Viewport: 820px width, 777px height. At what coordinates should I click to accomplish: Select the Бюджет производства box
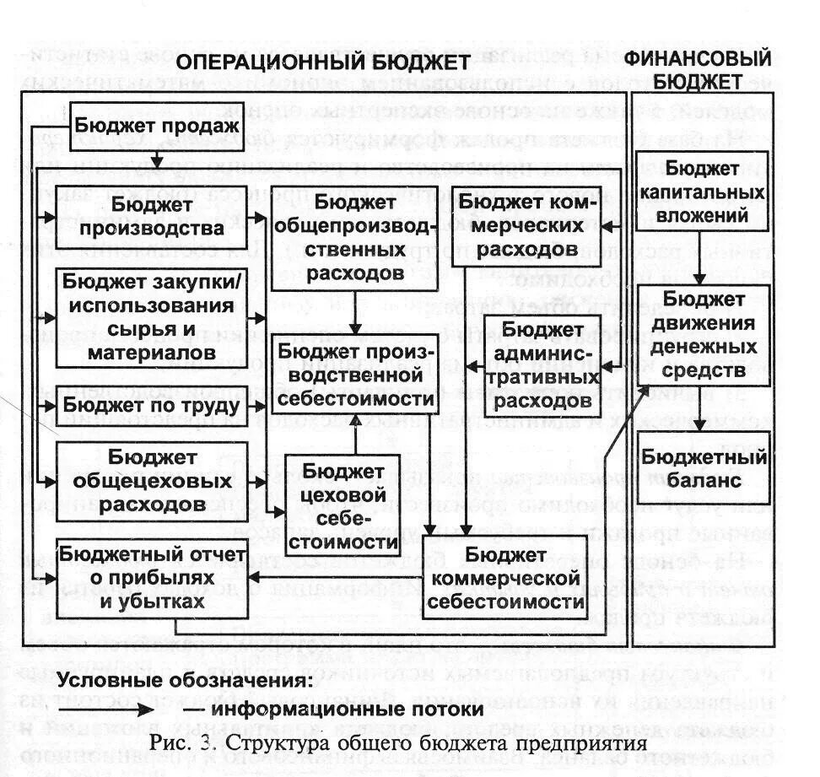coord(152,218)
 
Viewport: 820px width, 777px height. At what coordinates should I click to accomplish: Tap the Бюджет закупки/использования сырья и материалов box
coord(152,316)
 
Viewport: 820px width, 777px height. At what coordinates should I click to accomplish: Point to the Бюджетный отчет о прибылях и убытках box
coord(152,578)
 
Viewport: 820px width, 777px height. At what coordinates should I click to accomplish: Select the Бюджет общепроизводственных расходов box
coord(355,238)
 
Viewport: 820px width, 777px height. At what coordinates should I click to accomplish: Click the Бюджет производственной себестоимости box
coord(355,374)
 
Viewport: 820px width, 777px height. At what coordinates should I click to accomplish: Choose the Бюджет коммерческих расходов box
coord(527,225)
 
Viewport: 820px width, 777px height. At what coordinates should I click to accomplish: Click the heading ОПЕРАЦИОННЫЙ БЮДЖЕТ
coord(322,64)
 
